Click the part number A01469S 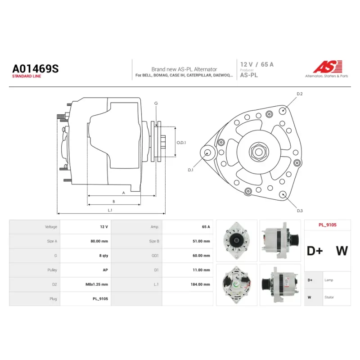36,69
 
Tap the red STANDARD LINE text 27,76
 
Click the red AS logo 328,67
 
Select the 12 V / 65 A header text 257,64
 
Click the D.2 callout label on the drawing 300,94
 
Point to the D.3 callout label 300,211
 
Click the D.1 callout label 190,170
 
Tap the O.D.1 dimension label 181,143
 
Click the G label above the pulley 156,103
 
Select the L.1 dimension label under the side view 110,210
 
